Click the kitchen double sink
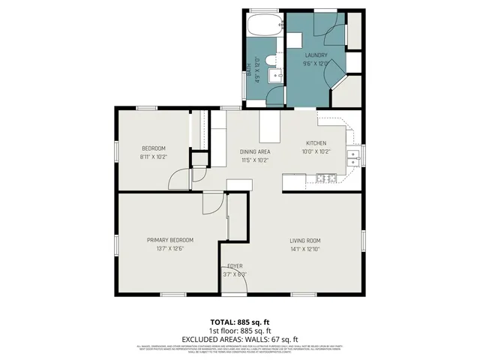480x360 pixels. click(352, 157)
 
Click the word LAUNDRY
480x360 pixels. click(316, 55)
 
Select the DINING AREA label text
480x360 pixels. click(255, 151)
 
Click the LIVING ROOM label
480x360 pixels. click(305, 241)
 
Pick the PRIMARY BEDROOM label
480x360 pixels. click(165, 241)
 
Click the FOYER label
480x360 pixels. click(234, 266)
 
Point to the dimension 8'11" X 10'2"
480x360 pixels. click(154, 157)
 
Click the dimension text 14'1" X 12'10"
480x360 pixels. click(305, 249)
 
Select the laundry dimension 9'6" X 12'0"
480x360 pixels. click(316, 64)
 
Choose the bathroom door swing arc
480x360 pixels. click(277, 96)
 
